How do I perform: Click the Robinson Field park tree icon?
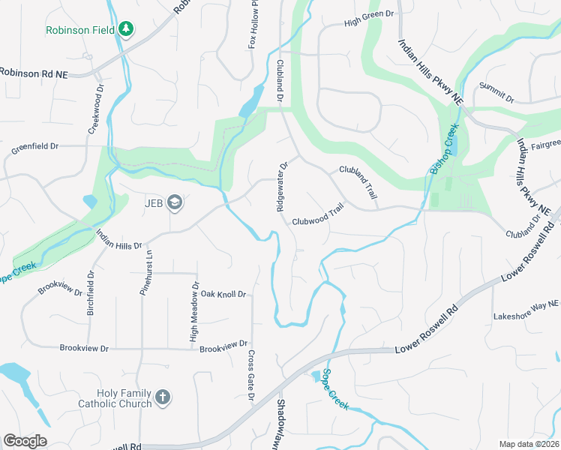click(x=127, y=30)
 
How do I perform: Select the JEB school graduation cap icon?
click(x=175, y=202)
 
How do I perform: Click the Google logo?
click(x=25, y=441)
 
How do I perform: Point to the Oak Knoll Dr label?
click(x=223, y=295)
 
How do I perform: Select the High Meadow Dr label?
click(x=194, y=312)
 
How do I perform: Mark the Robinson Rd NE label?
click(x=33, y=73)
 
